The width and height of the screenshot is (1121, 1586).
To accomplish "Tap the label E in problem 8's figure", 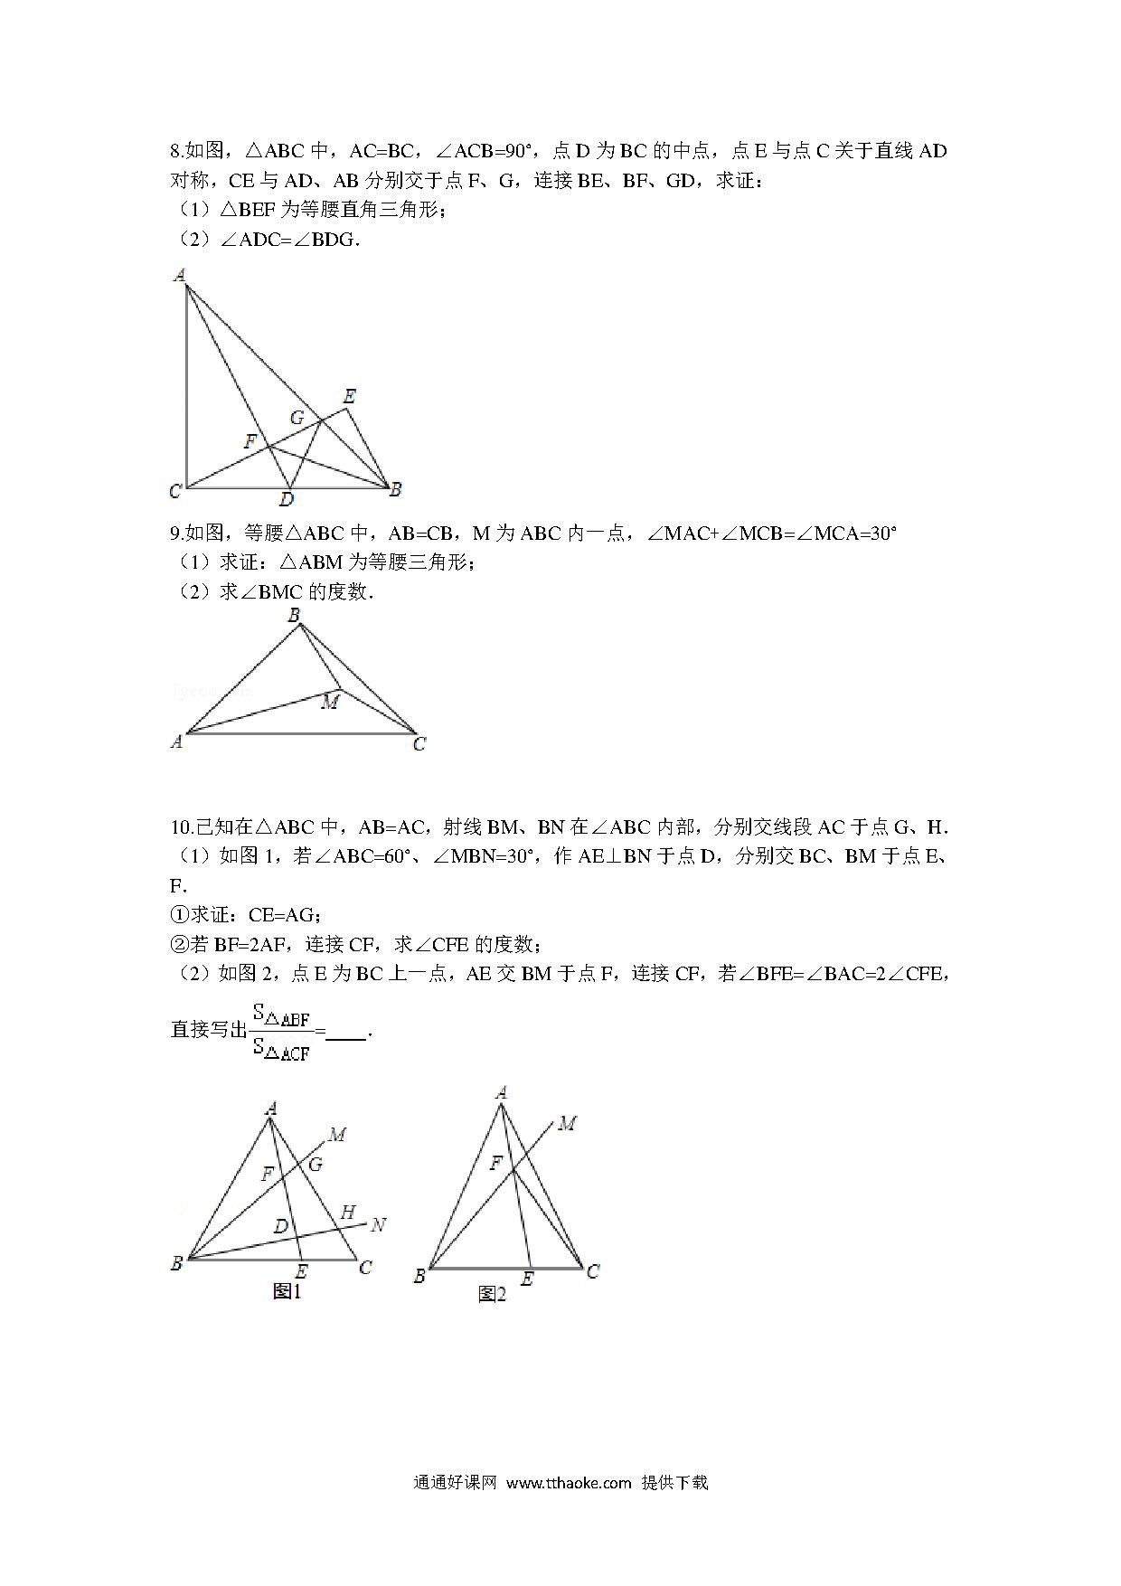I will pyautogui.click(x=350, y=396).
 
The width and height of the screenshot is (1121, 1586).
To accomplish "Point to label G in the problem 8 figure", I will pyautogui.click(x=297, y=418).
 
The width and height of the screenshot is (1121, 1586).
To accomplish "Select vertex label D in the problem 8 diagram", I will pyautogui.click(x=287, y=499).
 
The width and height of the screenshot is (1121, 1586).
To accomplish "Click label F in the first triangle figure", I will pyautogui.click(x=250, y=441).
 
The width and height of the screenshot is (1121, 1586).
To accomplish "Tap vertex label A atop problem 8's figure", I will pyautogui.click(x=180, y=275).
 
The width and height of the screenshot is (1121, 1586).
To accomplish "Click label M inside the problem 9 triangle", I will pyautogui.click(x=330, y=702).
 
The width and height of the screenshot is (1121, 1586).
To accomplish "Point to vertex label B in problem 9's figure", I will pyautogui.click(x=294, y=616).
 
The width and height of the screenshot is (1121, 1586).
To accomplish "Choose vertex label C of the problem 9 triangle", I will pyautogui.click(x=419, y=744).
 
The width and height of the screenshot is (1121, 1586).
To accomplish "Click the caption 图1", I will pyautogui.click(x=287, y=1291).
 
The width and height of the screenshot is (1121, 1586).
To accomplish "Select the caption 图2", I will pyautogui.click(x=492, y=1295).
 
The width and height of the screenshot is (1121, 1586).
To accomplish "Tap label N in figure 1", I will pyautogui.click(x=378, y=1224).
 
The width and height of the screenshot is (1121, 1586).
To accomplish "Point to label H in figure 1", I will pyautogui.click(x=347, y=1212).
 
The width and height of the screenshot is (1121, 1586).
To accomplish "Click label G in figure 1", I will pyautogui.click(x=316, y=1164).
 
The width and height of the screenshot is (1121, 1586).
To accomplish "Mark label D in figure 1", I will pyautogui.click(x=281, y=1226).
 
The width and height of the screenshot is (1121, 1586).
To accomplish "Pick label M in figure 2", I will pyautogui.click(x=567, y=1123).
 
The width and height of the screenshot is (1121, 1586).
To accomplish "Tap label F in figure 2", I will pyautogui.click(x=495, y=1163).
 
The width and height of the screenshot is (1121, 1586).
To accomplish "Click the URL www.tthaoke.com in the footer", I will pyautogui.click(x=569, y=1482).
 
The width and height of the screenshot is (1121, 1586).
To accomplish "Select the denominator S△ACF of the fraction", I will pyautogui.click(x=282, y=1050).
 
